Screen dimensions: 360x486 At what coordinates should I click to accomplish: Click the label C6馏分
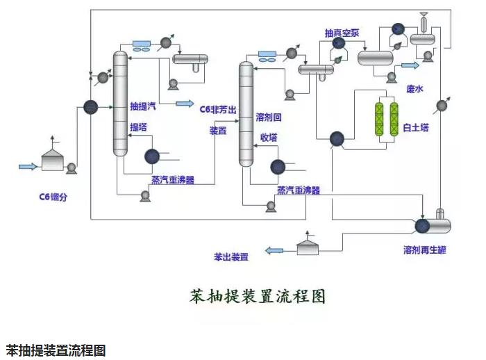click(x=53, y=197)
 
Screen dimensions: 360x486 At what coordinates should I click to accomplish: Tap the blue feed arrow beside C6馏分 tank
click(x=27, y=166)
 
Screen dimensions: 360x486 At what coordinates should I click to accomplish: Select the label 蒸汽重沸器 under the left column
click(x=173, y=179)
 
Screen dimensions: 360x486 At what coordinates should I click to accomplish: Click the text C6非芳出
click(x=218, y=108)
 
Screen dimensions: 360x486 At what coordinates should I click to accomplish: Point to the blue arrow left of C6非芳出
click(x=185, y=104)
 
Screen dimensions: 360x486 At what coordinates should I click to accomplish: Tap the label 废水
click(x=415, y=89)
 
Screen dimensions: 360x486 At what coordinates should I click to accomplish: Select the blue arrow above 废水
click(x=410, y=65)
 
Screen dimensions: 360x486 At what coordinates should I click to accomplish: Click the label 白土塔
click(x=417, y=129)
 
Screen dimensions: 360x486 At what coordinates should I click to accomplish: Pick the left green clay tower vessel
click(x=379, y=124)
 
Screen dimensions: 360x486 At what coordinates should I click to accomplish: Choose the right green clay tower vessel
click(x=394, y=124)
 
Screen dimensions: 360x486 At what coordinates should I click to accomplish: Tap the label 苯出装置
click(x=231, y=256)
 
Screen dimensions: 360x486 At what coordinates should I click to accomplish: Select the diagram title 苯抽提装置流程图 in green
click(x=258, y=296)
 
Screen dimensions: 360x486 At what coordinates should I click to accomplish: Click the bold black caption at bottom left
click(x=56, y=350)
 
